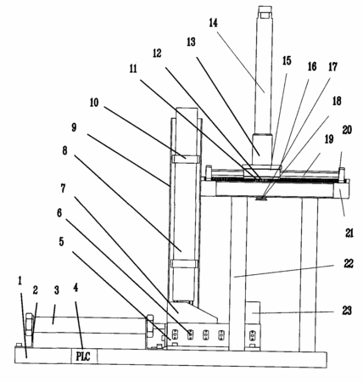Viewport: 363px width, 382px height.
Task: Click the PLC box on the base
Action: click(x=84, y=356)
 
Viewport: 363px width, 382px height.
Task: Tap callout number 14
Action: click(x=214, y=23)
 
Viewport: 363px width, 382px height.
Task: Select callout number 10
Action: click(x=94, y=102)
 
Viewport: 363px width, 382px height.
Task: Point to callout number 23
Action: click(x=347, y=311)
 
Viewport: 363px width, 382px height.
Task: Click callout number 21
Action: click(x=349, y=233)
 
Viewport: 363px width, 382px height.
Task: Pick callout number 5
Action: click(x=61, y=241)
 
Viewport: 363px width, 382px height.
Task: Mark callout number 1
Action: click(x=20, y=281)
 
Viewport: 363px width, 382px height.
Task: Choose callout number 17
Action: click(x=332, y=67)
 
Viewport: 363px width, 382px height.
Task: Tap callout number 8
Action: click(x=64, y=150)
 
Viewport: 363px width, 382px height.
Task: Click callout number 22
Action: click(x=349, y=264)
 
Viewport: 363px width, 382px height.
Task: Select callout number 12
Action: click(x=157, y=53)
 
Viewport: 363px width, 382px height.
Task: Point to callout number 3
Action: click(x=57, y=289)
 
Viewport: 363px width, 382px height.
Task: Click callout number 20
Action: click(x=347, y=130)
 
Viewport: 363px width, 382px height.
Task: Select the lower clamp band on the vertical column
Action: click(x=184, y=264)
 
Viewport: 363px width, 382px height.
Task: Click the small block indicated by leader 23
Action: click(x=253, y=312)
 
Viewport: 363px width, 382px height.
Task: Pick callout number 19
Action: click(x=329, y=139)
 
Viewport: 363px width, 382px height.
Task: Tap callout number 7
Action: click(x=63, y=188)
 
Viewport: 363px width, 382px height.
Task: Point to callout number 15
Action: click(x=287, y=60)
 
